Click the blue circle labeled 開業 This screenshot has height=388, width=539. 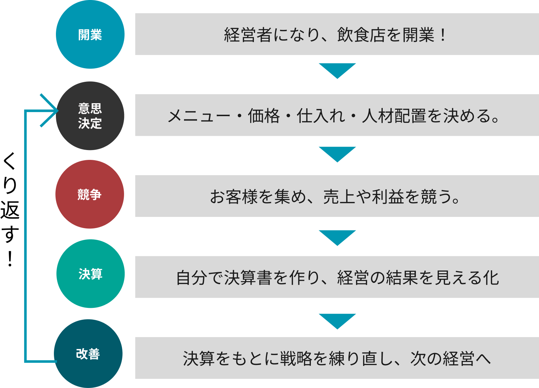coord(90,35)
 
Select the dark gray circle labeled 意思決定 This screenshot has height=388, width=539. coord(90,116)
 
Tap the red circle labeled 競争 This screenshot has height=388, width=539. coord(89,195)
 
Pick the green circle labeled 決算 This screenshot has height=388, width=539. coord(91,274)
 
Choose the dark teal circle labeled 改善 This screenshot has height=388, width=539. coord(88,354)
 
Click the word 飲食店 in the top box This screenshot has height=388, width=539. coord(361,35)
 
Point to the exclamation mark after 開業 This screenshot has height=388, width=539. coord(443,35)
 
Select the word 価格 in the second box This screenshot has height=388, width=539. coord(264,116)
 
